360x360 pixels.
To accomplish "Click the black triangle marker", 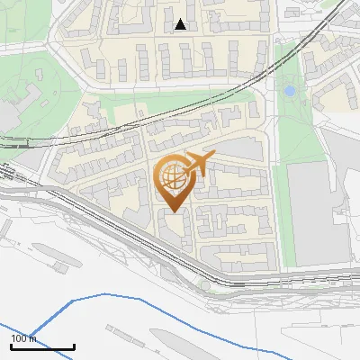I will [181, 24].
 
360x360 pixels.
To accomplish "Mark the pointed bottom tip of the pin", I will [173, 211].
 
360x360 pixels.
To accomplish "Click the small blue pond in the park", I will [289, 91].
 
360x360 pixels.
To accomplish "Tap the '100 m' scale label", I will [24, 338].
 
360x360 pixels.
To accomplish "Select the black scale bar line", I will [42, 346].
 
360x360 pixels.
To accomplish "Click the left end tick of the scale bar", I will [11, 345].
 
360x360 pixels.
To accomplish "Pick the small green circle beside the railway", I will [205, 285].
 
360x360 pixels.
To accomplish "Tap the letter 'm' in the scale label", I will [34, 338].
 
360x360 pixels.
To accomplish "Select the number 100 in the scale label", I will [20, 338].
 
